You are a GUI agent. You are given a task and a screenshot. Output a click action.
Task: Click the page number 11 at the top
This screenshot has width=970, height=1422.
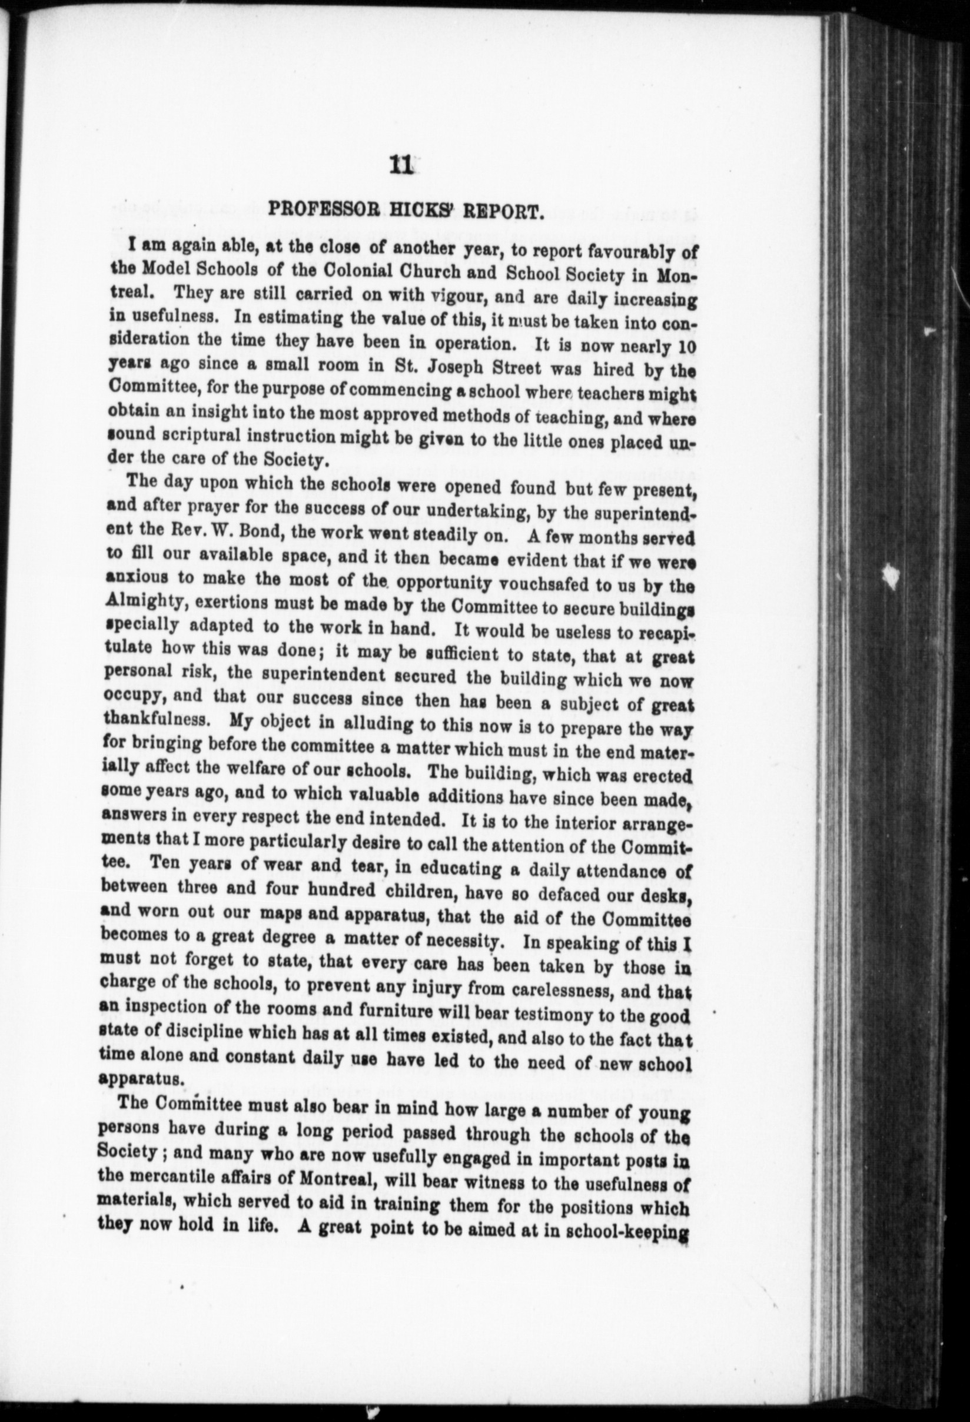tap(400, 167)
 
